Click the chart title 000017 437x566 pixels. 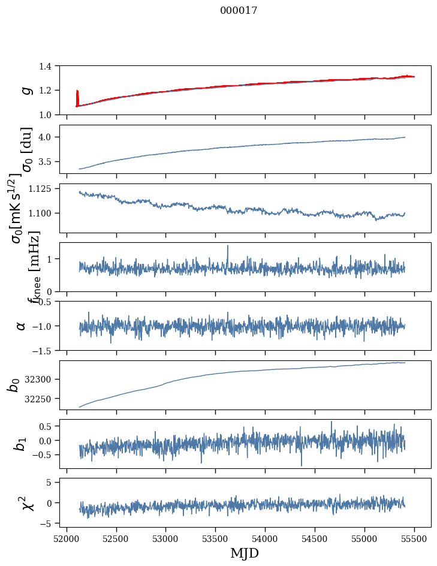pos(239,11)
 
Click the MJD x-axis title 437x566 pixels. pos(245,553)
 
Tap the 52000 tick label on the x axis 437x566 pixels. pos(67,538)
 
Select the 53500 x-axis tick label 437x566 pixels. pos(215,538)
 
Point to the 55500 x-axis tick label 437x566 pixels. pos(415,538)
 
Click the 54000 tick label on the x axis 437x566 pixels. pos(265,538)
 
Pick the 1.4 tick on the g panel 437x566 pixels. pos(51,66)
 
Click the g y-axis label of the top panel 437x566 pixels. pos(26,90)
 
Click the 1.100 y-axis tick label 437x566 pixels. pos(46,213)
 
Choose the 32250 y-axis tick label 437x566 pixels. pos(43,399)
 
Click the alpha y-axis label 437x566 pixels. pos(21,326)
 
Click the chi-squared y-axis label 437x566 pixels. pos(27,502)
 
